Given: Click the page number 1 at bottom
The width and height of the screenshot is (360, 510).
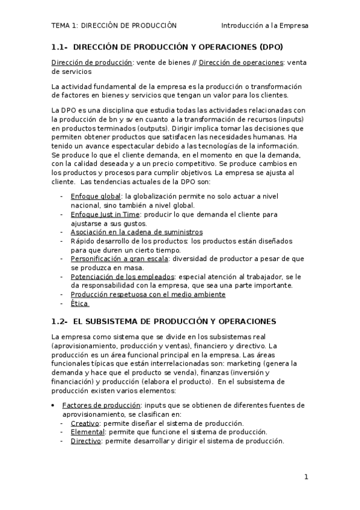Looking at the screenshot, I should coord(306,478).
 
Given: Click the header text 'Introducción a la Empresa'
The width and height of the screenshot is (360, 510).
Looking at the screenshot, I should coord(264,26).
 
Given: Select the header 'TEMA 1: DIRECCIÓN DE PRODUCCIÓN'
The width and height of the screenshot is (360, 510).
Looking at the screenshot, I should coord(114,26).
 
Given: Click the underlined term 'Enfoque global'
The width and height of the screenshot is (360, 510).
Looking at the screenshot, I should coord(96,196).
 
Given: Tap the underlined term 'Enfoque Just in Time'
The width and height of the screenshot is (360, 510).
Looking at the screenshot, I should coord(106,214).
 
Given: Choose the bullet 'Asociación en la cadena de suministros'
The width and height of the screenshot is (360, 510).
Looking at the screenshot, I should coord(136,232).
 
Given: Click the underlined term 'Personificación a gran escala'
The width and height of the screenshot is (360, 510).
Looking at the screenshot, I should coord(119,258).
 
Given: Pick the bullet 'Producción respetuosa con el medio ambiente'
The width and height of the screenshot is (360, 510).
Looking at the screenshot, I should coord(148,294).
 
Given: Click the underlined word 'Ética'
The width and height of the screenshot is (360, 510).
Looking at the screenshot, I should coord(79,303).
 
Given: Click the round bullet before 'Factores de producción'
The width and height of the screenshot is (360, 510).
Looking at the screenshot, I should coord(54,405).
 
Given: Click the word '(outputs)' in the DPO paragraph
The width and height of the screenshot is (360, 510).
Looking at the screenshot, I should coord(153,128).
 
